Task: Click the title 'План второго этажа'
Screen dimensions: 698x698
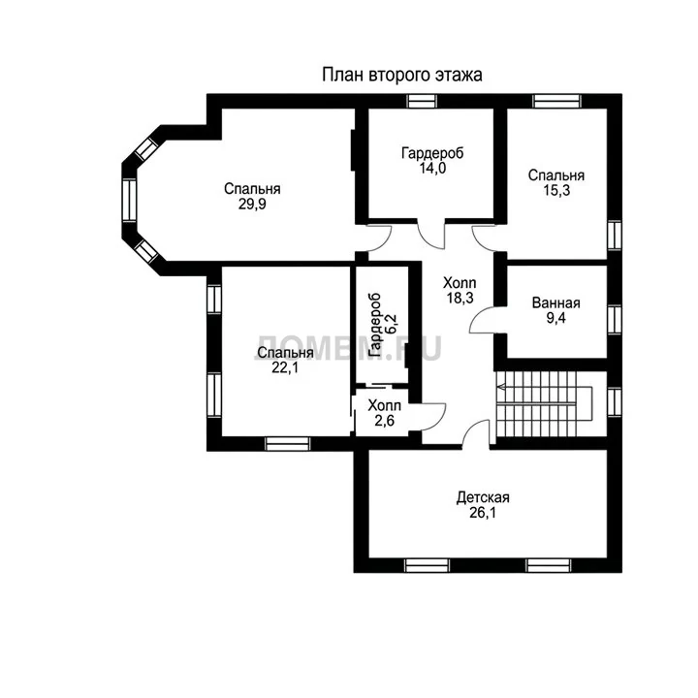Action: point(401,75)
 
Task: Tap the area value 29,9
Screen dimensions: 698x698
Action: point(252,204)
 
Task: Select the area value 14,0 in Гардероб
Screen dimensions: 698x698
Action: point(432,168)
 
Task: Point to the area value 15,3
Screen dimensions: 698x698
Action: point(556,190)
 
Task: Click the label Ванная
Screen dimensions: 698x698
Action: point(556,303)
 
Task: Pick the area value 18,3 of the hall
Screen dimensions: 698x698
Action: point(460,298)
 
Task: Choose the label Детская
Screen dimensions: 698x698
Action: point(483,497)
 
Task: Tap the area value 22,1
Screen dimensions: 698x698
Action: point(285,367)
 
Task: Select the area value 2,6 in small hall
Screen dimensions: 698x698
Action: point(384,420)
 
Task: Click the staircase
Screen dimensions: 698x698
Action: point(545,404)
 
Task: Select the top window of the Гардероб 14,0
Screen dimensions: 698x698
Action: point(422,101)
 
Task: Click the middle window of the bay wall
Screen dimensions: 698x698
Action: point(129,200)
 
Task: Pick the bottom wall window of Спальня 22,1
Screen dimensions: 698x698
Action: point(288,444)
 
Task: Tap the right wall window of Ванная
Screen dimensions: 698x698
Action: point(615,319)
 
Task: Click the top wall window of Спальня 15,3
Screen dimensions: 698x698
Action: point(557,101)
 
